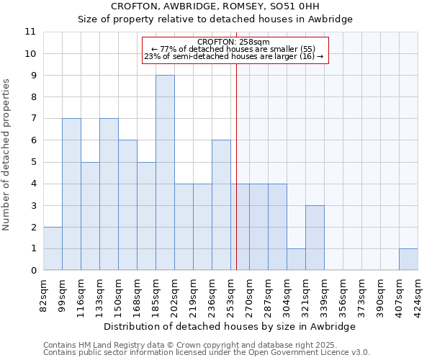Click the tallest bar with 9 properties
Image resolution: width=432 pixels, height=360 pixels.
[165, 173]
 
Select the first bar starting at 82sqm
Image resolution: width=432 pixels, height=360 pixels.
[53, 248]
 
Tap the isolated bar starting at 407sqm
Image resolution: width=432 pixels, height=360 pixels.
[408, 259]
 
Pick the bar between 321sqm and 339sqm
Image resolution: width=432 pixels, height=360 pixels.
[315, 238]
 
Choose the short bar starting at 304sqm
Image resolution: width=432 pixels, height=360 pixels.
[296, 259]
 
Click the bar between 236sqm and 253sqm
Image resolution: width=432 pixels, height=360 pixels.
[221, 205]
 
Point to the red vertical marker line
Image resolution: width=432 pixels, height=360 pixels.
[236, 166]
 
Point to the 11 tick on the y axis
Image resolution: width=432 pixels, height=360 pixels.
[30, 32]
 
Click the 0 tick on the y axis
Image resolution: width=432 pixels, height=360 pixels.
[33, 271]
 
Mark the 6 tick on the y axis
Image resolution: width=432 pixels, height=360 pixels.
[33, 140]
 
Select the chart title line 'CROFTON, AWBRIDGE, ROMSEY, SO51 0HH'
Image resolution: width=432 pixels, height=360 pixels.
[215, 6]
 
